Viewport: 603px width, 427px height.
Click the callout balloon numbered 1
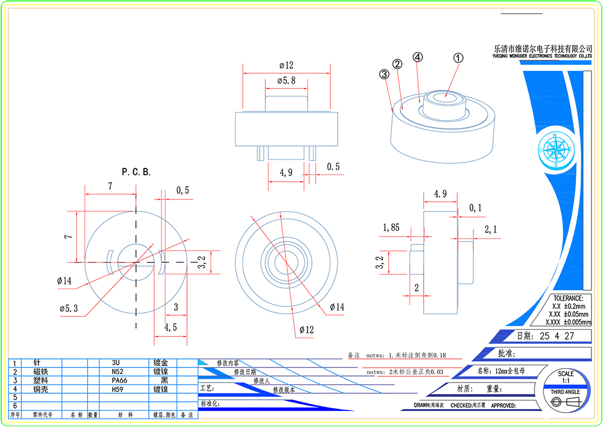458,57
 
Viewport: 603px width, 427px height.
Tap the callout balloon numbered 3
384,74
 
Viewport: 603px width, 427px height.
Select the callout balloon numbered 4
417,57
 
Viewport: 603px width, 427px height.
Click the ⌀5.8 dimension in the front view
286,81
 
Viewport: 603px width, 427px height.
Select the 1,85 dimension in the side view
391,227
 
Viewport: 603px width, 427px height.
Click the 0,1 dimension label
475,207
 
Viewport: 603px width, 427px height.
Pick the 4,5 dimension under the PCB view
170,327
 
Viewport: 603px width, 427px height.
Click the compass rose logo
555,149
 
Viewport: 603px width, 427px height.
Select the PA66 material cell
119,380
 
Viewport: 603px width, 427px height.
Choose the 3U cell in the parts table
116,363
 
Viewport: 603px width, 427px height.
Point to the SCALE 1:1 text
566,377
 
